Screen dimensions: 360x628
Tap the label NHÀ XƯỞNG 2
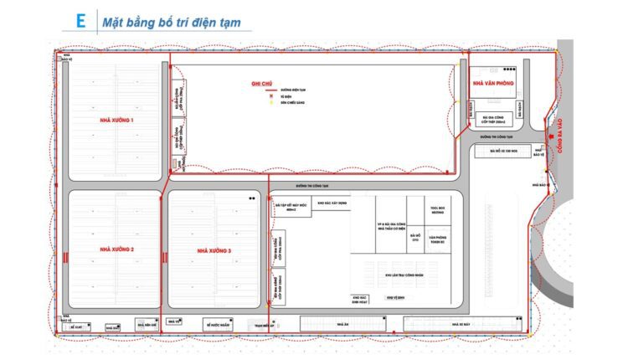[116, 249]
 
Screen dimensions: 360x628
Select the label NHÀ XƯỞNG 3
[214, 250]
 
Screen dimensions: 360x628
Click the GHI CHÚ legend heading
[262, 84]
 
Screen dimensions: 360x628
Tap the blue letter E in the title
[80, 22]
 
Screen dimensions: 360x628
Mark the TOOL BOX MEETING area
[436, 209]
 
